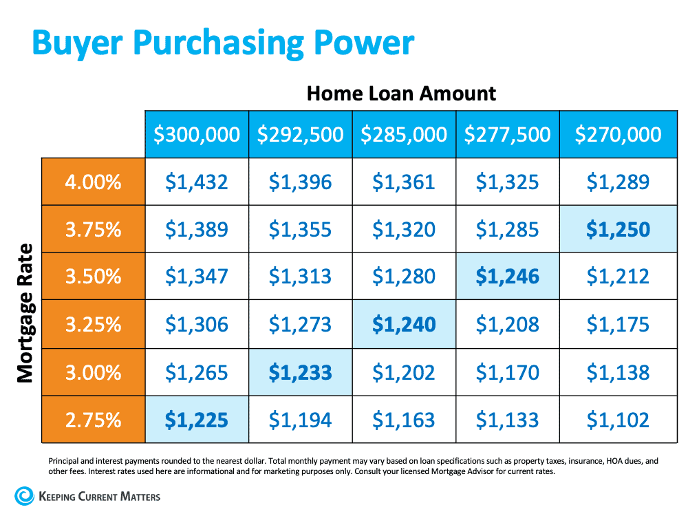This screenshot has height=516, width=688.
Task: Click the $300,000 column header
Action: [197, 134]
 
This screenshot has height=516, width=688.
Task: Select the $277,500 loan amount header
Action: [508, 134]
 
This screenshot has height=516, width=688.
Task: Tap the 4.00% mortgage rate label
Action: [94, 182]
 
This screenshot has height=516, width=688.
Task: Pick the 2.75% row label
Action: [94, 420]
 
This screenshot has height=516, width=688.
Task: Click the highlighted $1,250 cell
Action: [618, 229]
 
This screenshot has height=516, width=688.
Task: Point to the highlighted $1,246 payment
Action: [508, 277]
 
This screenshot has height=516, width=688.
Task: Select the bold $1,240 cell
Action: [404, 324]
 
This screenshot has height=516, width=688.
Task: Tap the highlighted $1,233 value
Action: [300, 372]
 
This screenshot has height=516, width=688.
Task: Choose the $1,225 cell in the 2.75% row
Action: [197, 420]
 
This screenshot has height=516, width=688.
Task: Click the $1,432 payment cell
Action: [197, 182]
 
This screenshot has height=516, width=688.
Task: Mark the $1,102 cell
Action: [618, 420]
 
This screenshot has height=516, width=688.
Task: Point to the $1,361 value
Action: [404, 182]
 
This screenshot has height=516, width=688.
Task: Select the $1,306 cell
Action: [197, 324]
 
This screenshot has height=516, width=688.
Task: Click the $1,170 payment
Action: [508, 372]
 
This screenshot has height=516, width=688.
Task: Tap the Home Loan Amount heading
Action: [401, 93]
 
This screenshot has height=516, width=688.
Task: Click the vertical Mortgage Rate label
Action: [25, 312]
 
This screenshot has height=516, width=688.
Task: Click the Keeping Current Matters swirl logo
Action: [24, 496]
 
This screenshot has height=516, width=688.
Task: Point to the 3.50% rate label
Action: [94, 277]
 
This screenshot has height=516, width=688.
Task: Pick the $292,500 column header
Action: [300, 134]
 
